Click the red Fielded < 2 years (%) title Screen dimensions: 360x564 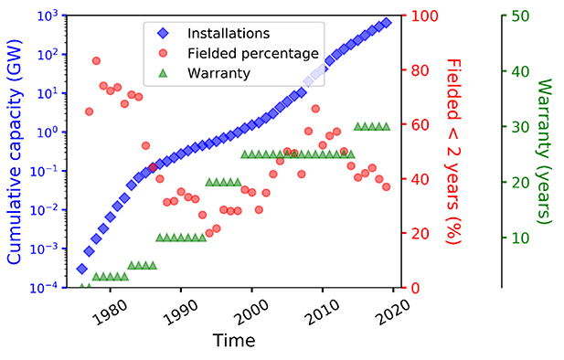click(x=453, y=152)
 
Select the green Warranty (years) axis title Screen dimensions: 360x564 click(x=544, y=152)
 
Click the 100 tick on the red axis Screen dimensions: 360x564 click(x=423, y=16)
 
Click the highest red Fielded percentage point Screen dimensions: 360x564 click(x=96, y=61)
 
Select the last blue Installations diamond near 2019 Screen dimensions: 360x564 click(x=387, y=22)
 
